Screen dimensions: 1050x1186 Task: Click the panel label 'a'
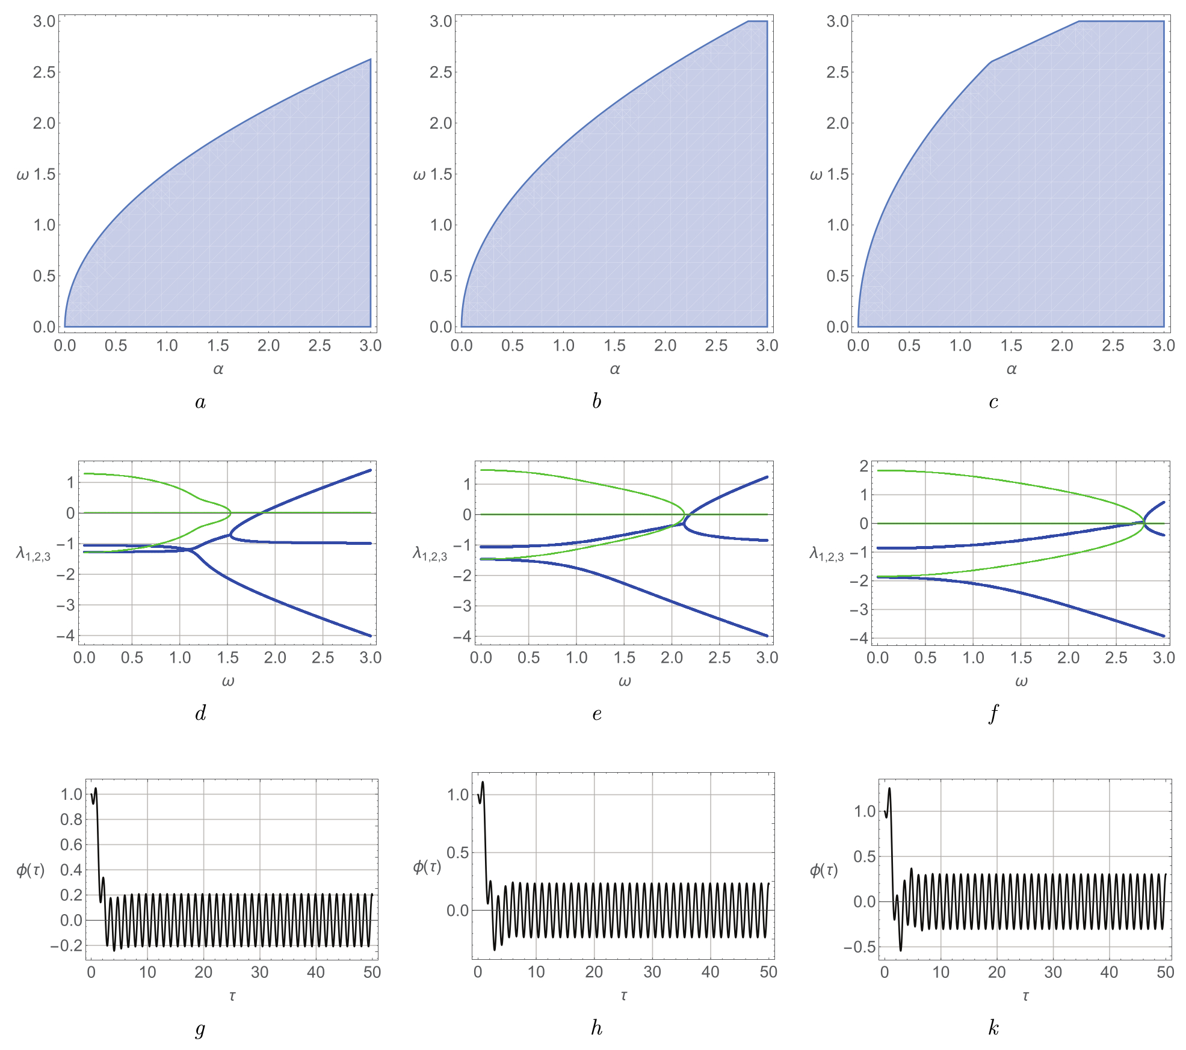[200, 402]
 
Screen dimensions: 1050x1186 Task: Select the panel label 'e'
[596, 714]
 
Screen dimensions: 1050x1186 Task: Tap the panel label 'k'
[993, 1028]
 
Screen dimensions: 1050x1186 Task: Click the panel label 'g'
[200, 1029]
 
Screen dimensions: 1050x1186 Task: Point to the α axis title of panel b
[614, 369]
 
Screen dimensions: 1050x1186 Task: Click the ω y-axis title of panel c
[816, 175]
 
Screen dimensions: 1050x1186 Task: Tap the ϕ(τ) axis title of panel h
[427, 866]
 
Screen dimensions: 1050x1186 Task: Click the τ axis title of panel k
[1025, 996]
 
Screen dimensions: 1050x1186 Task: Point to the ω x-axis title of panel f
[1021, 682]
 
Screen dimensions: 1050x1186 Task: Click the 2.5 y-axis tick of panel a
[43, 72]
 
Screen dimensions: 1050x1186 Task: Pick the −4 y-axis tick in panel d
[66, 636]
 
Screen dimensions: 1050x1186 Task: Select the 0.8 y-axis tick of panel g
[71, 819]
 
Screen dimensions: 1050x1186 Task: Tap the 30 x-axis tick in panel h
[652, 972]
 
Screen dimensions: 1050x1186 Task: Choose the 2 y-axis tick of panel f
[864, 466]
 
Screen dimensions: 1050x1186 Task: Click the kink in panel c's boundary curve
[991, 61]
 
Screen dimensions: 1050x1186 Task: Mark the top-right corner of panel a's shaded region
[370, 59]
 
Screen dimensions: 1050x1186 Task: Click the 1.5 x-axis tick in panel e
[625, 658]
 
